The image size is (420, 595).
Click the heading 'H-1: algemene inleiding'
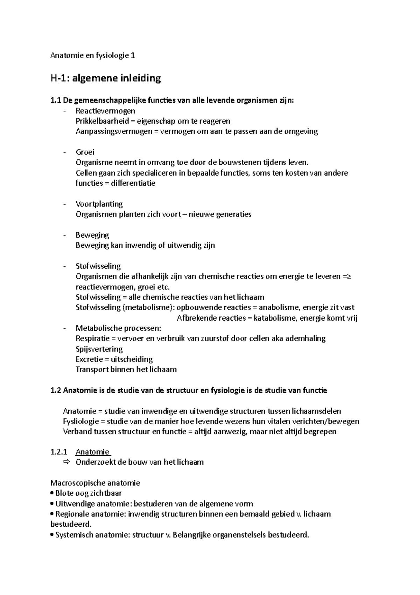(x=105, y=78)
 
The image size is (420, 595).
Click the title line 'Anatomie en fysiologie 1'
(x=92, y=55)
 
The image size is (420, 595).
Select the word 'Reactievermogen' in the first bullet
(x=105, y=111)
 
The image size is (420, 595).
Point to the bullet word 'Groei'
(x=85, y=152)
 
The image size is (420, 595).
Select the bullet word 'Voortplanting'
(x=99, y=204)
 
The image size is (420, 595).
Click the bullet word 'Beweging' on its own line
(x=92, y=235)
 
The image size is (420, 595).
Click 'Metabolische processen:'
(x=118, y=328)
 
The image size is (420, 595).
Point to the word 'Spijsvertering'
(x=99, y=349)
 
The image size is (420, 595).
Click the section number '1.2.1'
(x=59, y=452)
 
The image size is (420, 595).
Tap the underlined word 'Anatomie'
(x=92, y=452)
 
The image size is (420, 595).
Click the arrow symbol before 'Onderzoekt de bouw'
(x=66, y=462)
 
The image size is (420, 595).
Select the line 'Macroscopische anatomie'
(x=95, y=483)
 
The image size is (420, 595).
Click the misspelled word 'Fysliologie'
(x=81, y=422)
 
